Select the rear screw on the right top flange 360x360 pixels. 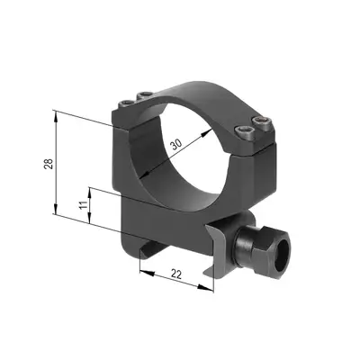262,121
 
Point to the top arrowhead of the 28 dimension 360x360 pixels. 57,112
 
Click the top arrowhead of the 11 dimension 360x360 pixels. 91,188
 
